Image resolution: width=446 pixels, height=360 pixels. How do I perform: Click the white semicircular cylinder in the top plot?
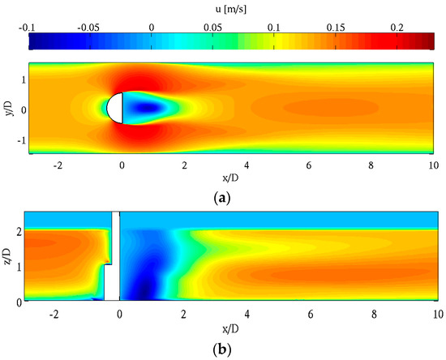point(115,109)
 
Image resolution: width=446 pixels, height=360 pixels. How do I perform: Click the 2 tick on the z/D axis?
point(20,232)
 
